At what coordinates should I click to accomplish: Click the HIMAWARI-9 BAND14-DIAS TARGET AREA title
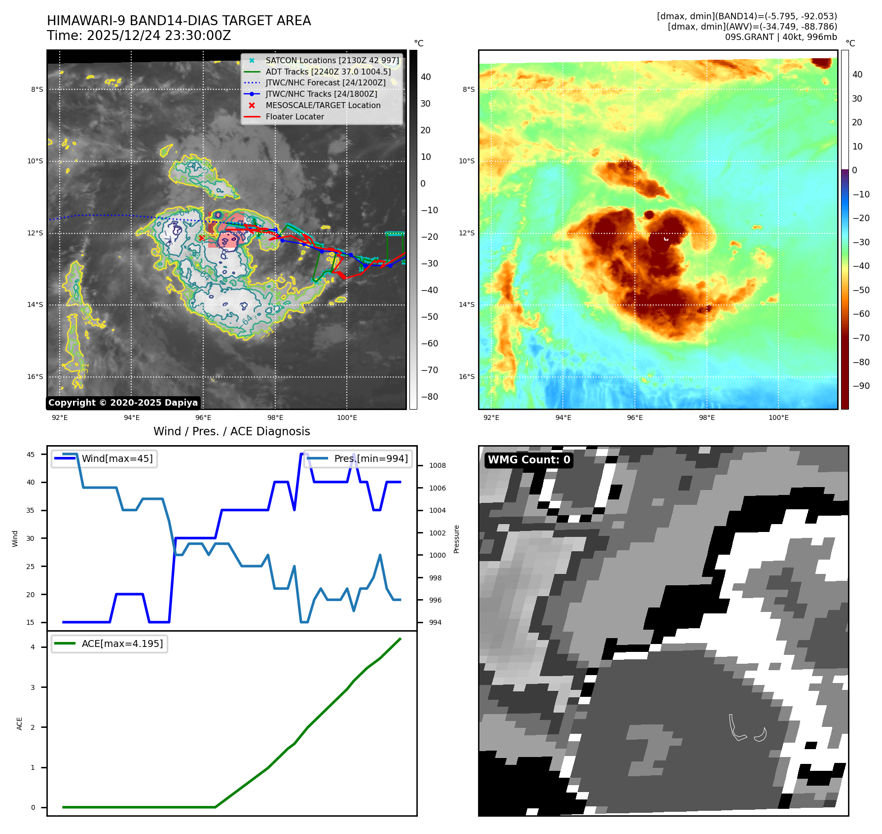pos(179,21)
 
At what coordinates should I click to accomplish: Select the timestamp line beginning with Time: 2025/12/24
pos(139,36)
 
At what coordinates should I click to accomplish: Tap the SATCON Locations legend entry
pos(332,60)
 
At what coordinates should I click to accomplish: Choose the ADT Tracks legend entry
pos(328,72)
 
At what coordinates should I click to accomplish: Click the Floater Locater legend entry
pos(294,116)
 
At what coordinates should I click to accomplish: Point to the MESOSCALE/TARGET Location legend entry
pos(323,105)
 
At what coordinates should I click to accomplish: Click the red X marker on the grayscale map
pos(201,238)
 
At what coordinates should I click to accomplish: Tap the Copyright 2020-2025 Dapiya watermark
pos(123,403)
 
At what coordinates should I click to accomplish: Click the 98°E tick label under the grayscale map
pos(275,417)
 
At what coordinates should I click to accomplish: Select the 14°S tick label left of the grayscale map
pos(35,304)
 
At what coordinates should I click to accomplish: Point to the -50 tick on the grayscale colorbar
pos(429,317)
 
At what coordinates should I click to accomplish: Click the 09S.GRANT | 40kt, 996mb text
pos(781,37)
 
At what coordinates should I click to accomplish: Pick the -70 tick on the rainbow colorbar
pos(861,338)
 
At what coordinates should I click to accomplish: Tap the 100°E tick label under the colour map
pos(778,417)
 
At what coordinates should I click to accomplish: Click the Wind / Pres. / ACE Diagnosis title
pos(231,431)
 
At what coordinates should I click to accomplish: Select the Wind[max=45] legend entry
pos(117,458)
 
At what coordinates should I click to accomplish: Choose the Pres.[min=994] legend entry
pos(371,458)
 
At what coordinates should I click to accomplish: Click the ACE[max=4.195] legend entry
pos(122,644)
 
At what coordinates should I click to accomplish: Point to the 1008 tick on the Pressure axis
pos(437,465)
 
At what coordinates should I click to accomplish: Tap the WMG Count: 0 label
pos(529,460)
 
